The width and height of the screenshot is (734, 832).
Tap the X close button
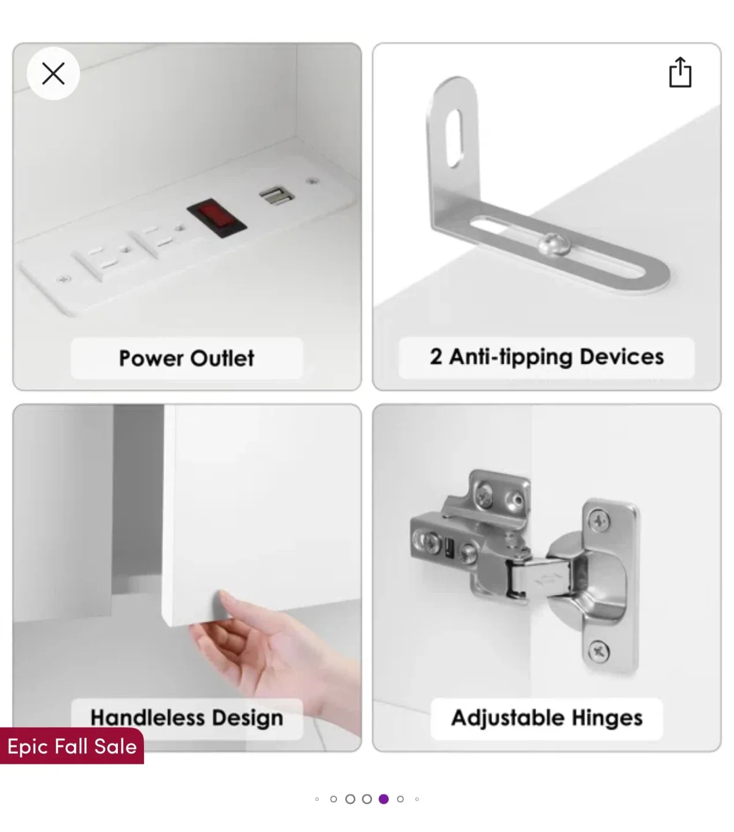53,73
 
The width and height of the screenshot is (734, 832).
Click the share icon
680,72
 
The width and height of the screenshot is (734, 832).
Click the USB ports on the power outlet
276,196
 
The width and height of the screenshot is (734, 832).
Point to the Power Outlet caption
186,358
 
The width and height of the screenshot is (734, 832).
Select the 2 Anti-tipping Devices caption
546,357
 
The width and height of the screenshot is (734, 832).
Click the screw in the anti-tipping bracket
553,243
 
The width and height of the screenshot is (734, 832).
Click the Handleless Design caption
187,718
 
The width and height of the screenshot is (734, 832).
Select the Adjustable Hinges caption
546,718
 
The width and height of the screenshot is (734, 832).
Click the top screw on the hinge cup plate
599,522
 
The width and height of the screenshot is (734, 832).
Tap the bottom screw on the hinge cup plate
598,652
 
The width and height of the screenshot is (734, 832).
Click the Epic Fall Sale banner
72,746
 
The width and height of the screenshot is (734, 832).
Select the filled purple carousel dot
384,799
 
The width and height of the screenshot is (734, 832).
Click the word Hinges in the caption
607,718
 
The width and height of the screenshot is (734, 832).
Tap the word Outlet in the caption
223,358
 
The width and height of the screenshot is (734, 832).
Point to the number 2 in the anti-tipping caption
436,356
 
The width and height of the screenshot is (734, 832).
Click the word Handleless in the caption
147,718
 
